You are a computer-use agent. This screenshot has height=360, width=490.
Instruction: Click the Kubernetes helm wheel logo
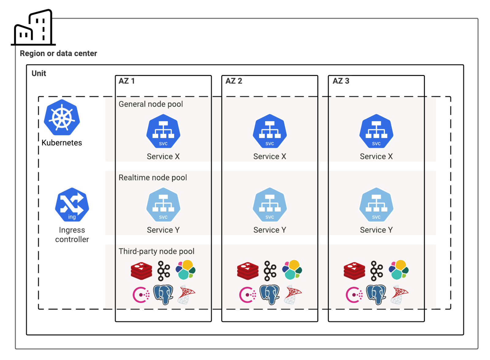(x=62, y=118)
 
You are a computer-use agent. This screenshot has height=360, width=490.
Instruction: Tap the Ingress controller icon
(x=72, y=205)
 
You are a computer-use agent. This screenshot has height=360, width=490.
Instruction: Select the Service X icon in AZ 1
(x=164, y=131)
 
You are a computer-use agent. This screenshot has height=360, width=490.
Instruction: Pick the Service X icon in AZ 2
(x=270, y=131)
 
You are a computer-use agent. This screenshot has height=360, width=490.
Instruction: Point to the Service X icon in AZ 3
(x=376, y=131)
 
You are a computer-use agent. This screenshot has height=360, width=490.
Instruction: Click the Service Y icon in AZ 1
(x=164, y=205)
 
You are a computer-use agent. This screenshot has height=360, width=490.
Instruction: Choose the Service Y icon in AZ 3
(x=376, y=205)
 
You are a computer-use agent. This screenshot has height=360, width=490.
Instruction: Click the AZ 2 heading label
(x=234, y=81)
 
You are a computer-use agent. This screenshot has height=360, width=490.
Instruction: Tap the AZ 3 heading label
(x=341, y=81)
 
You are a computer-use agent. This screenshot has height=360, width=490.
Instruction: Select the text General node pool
(x=151, y=104)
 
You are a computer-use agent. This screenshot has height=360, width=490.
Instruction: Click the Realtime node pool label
(x=153, y=178)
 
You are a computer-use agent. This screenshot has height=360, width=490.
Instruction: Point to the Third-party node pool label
(x=156, y=252)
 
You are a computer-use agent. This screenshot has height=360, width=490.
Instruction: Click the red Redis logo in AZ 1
(x=141, y=271)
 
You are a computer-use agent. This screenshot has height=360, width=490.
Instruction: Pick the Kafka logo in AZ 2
(x=270, y=271)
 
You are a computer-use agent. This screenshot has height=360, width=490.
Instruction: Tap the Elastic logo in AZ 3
(x=399, y=270)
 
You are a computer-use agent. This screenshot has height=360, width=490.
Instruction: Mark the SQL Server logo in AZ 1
(x=186, y=295)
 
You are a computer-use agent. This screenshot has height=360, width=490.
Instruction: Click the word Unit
(x=39, y=73)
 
